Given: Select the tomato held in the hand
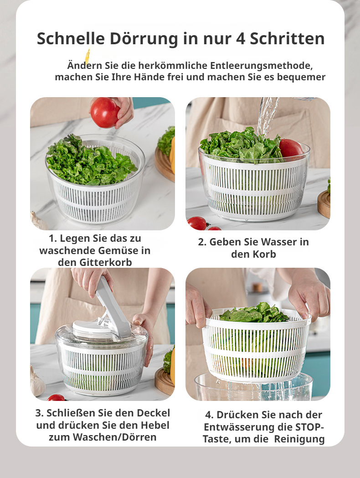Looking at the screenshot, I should pyautogui.click(x=105, y=112).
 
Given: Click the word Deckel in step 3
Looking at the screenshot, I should pyautogui.click(x=150, y=413).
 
